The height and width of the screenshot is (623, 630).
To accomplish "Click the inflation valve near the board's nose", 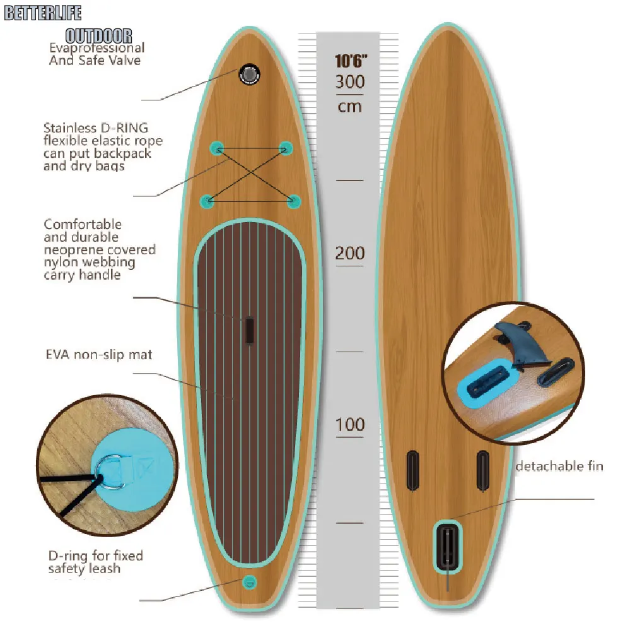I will coord(250,74).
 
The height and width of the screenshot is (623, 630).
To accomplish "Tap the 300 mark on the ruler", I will coord(349,82).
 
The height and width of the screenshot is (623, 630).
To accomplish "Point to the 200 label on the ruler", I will coord(349,253).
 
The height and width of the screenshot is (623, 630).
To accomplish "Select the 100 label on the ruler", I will coord(349,424).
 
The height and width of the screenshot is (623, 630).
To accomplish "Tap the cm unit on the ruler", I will coord(349,105).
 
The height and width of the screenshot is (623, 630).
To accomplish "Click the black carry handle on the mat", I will coord(249,330).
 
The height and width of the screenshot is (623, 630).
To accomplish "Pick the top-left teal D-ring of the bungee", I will coord(217,148).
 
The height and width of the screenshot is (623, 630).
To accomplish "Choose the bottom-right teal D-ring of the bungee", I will coord(294,201).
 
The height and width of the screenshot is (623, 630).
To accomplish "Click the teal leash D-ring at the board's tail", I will coord(250,581).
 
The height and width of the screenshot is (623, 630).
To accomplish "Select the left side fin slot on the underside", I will coord(412,470).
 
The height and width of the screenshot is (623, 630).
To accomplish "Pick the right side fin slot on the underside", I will coord(482,470).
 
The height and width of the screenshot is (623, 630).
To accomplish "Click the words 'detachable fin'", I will coord(559,466).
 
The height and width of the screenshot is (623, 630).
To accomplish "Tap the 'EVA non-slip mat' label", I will coord(98,355).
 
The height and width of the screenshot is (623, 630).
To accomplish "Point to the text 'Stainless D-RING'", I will coord(96,128).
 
